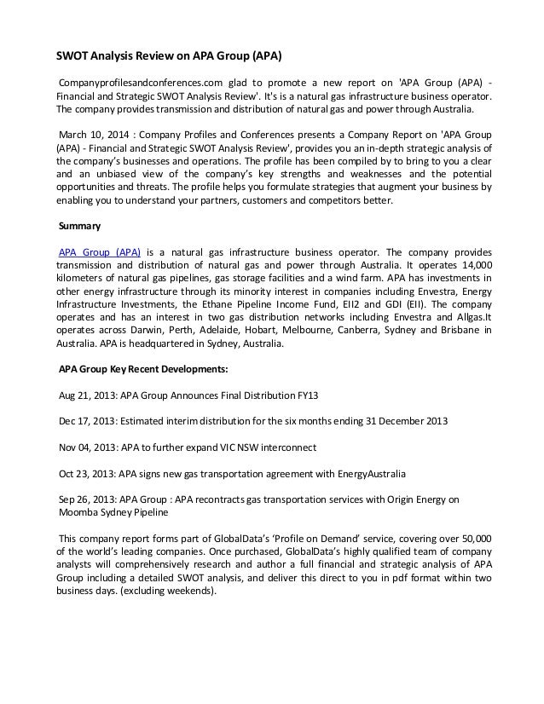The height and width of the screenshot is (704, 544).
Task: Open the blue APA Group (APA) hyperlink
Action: point(100,252)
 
